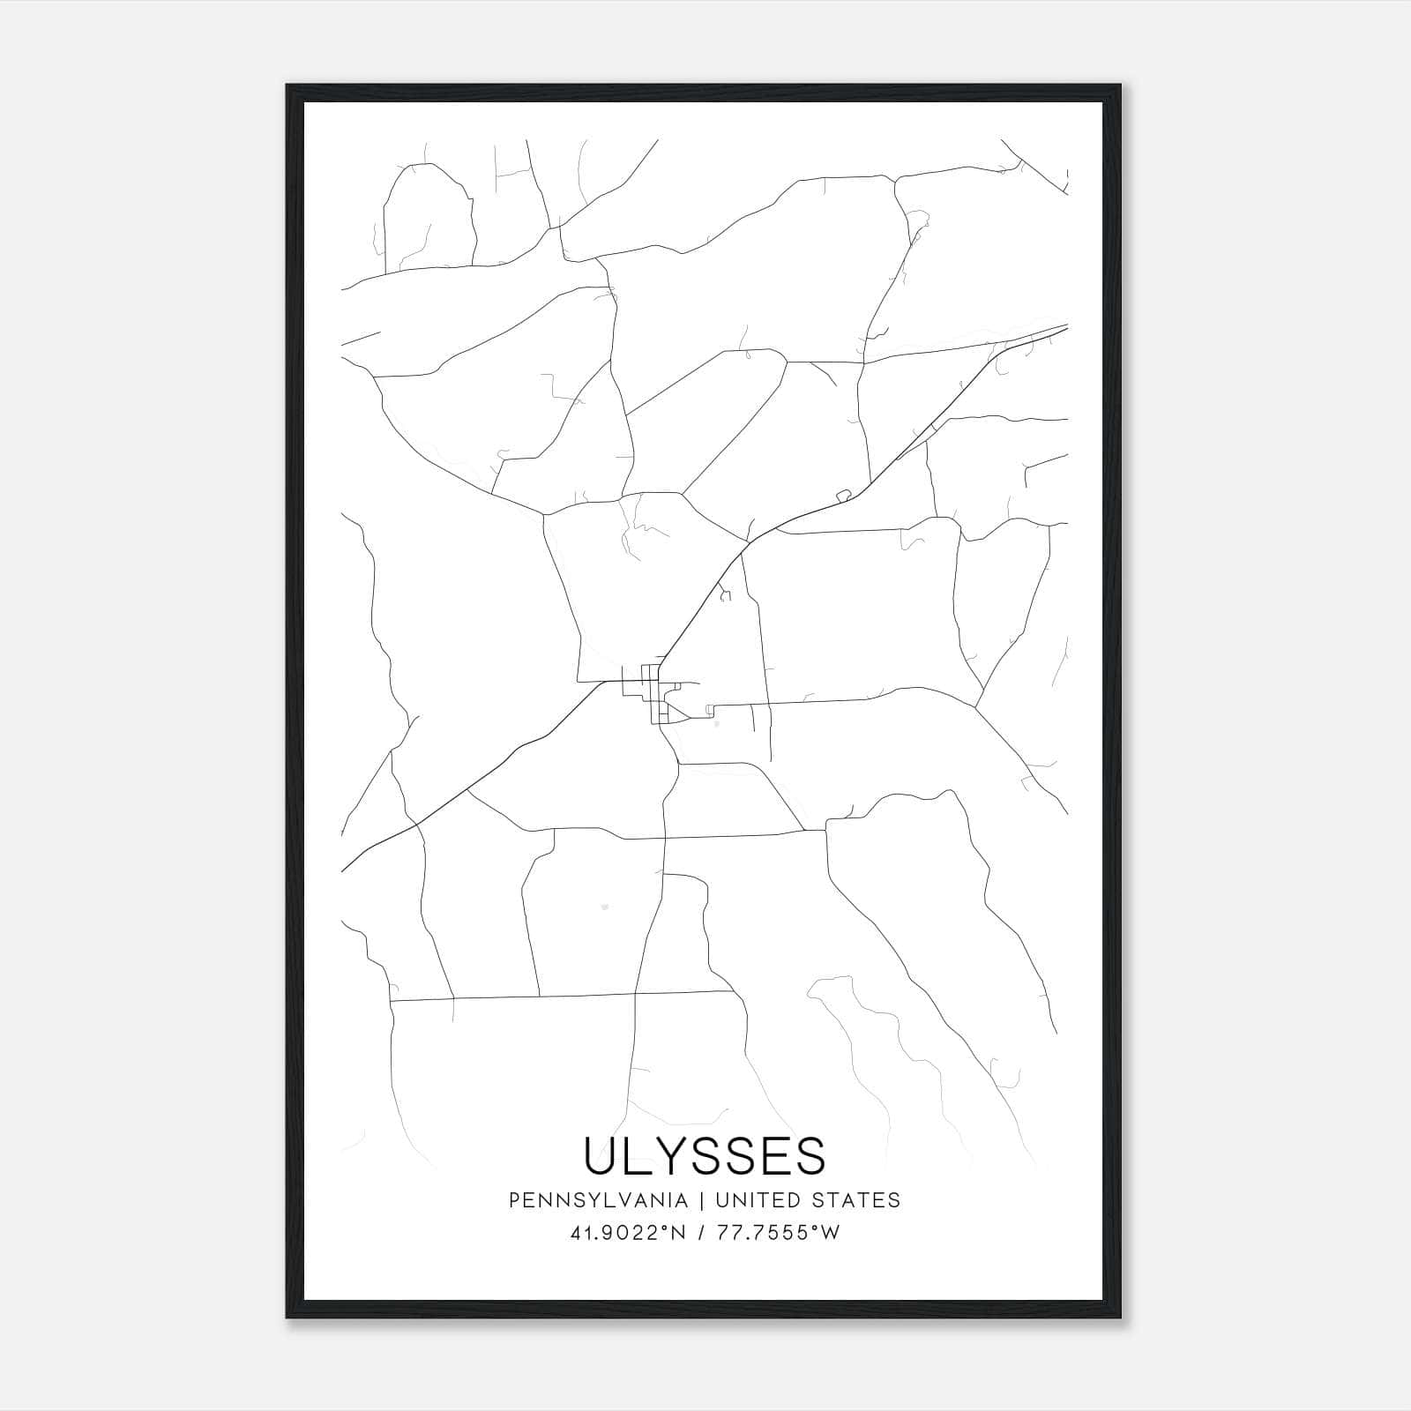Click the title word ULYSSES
coord(705,1155)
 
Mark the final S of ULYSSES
coord(810,1155)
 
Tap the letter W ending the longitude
coord(831,1233)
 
